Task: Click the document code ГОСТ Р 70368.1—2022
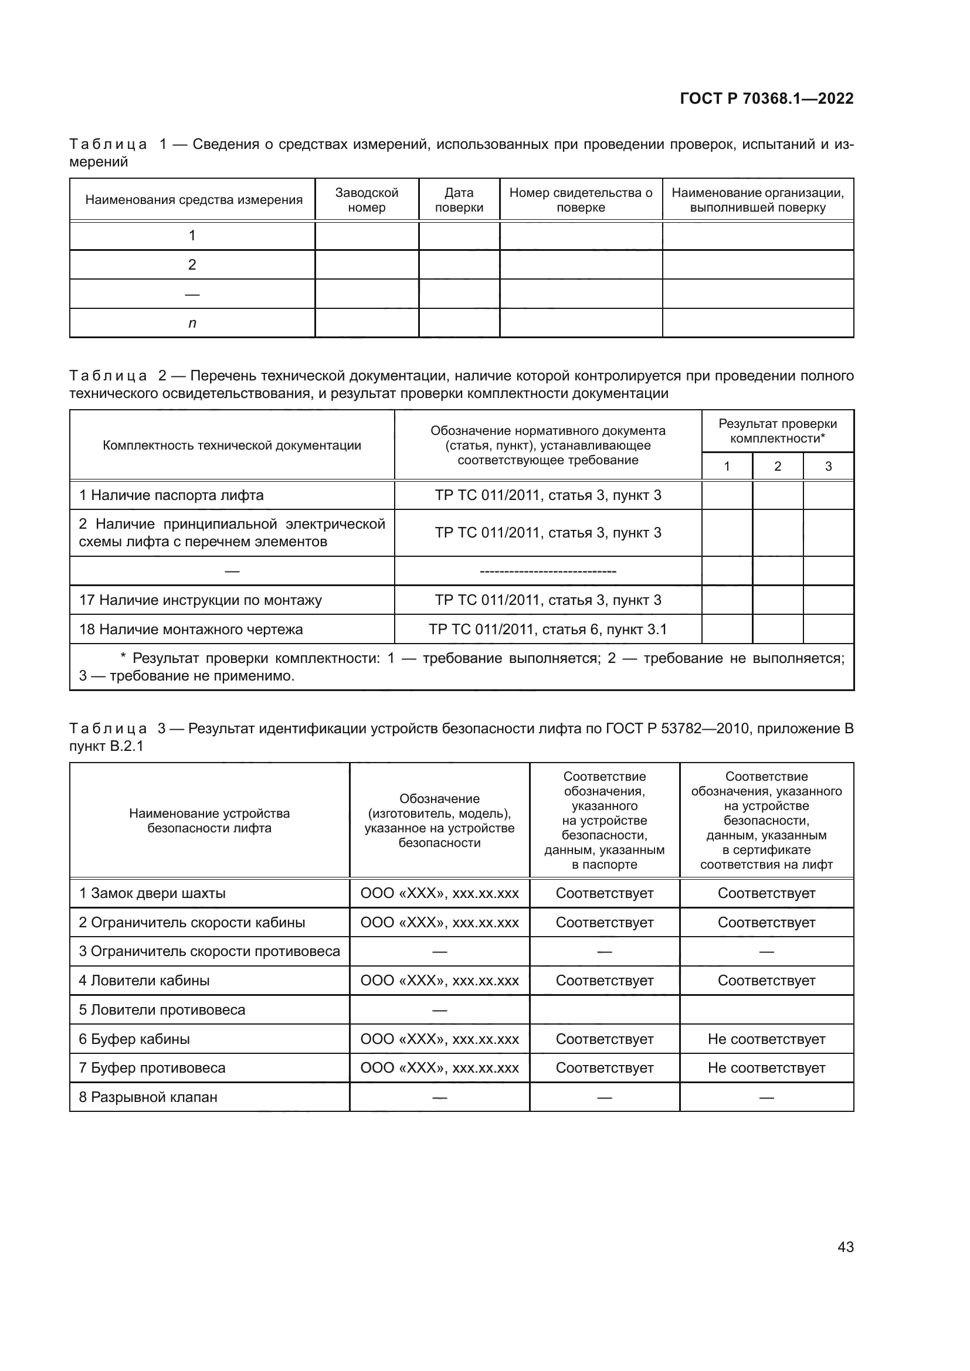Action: click(x=766, y=98)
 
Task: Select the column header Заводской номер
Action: click(x=366, y=200)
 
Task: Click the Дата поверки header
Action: click(x=459, y=200)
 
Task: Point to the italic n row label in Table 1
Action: click(x=192, y=323)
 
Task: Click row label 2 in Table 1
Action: click(x=192, y=264)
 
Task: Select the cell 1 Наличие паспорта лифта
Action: click(x=171, y=495)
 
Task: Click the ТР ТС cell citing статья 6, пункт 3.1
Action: click(x=548, y=630)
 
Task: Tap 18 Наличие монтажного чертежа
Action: click(x=191, y=630)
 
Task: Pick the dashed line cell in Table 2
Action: click(x=548, y=571)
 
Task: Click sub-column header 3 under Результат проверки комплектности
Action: click(x=828, y=467)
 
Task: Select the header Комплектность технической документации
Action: click(x=232, y=445)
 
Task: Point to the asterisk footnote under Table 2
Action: click(x=461, y=667)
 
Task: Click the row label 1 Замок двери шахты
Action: click(x=152, y=893)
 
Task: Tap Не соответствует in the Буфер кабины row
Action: click(x=766, y=1039)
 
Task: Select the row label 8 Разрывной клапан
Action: click(x=148, y=1097)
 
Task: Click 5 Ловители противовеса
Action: click(x=162, y=1010)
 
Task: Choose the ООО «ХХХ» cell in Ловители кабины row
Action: click(x=440, y=981)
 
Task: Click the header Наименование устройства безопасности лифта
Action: click(x=209, y=821)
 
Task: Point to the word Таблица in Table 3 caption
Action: click(x=108, y=729)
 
